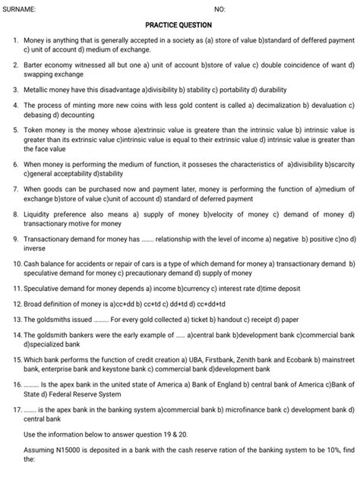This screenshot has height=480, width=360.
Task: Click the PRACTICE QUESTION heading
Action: pos(180,24)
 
